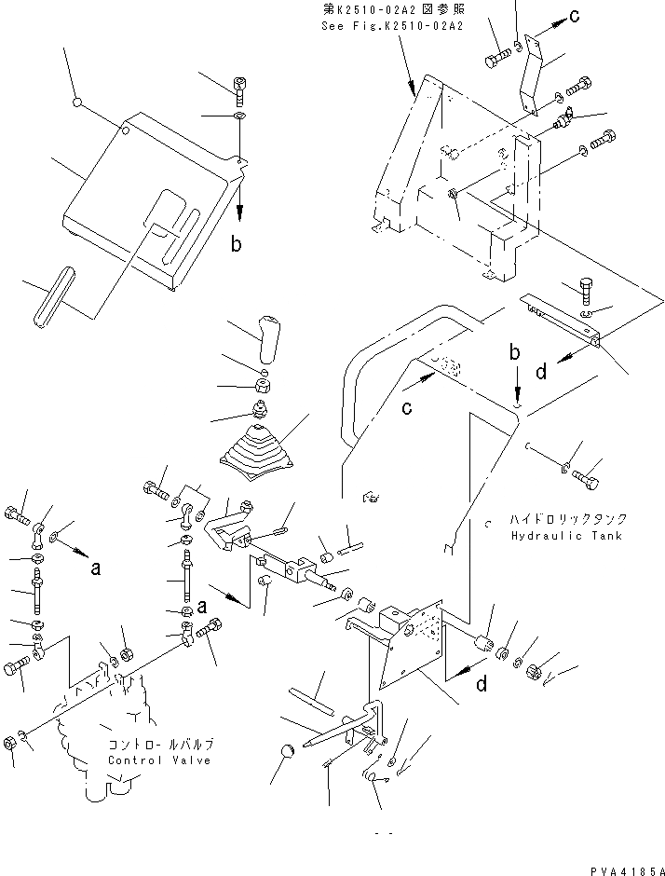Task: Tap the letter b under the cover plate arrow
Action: coord(237,244)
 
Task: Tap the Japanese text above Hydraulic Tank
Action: coord(568,518)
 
